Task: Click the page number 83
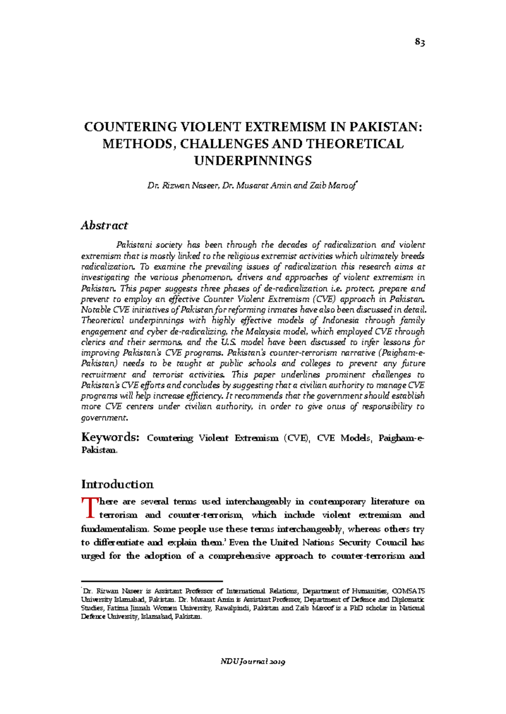(x=419, y=42)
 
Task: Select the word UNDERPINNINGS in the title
(x=253, y=161)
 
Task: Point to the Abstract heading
(x=104, y=225)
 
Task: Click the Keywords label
(x=109, y=437)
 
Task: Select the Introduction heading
(x=117, y=484)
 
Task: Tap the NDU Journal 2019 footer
(x=253, y=661)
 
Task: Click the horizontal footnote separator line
(x=151, y=581)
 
